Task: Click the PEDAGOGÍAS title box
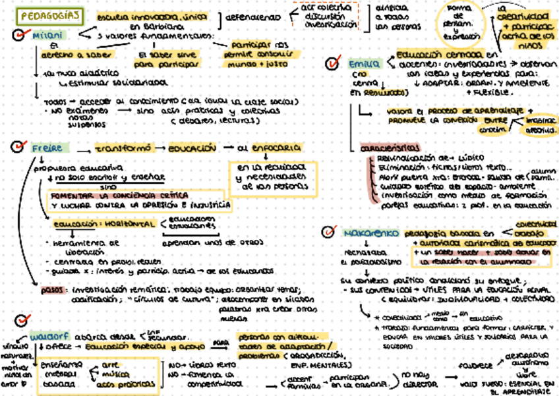(x=49, y=15)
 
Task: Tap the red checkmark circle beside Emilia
(x=334, y=64)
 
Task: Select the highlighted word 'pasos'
(x=51, y=289)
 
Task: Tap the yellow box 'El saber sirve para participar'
(x=163, y=60)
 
